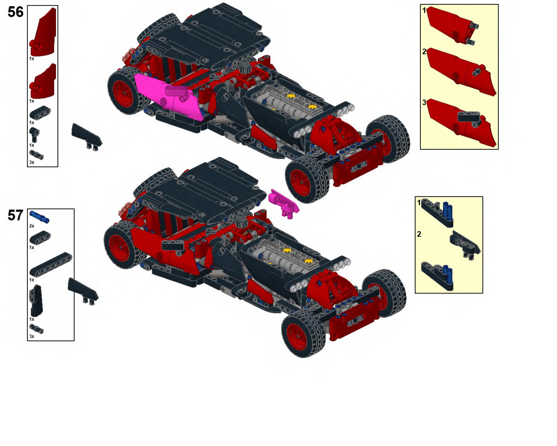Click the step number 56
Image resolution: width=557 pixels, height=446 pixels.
click(16, 12)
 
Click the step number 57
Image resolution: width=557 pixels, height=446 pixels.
click(16, 215)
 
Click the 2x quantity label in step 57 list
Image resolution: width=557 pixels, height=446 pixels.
click(32, 226)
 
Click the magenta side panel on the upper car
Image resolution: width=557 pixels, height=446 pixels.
click(168, 97)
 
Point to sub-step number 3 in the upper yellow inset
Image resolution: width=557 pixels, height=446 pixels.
click(424, 103)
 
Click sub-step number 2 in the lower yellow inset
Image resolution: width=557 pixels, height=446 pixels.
click(419, 234)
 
